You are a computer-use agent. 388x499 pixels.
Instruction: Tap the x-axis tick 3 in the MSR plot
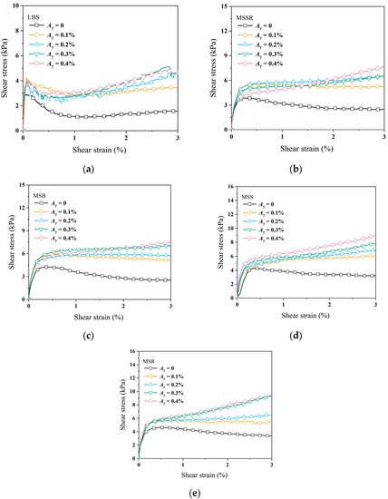271,465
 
